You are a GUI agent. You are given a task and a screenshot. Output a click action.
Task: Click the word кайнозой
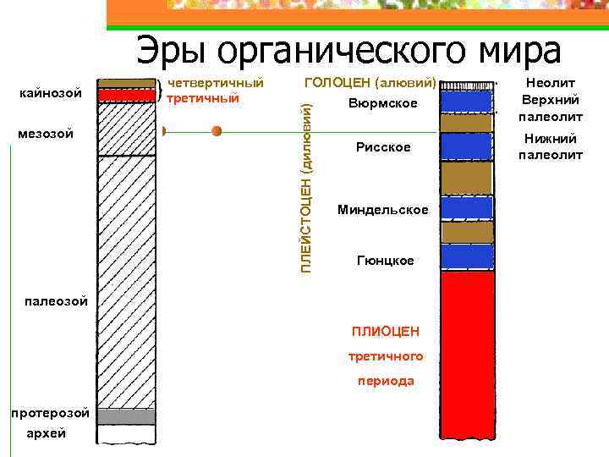50,92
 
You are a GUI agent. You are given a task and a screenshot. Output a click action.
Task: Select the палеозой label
50,300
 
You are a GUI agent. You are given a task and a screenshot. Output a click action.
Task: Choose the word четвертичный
216,84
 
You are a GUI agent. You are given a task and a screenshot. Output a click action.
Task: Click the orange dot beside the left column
217,131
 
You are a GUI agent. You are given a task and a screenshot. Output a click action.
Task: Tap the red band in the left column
126,96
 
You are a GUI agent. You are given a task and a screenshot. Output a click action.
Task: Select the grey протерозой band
126,416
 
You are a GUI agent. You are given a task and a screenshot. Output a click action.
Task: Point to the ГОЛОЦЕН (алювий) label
370,84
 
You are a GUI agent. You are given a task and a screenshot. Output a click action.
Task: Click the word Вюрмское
382,103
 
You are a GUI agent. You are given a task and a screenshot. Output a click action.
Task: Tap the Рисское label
383,147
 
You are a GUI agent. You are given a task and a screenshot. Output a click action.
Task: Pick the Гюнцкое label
386,261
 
